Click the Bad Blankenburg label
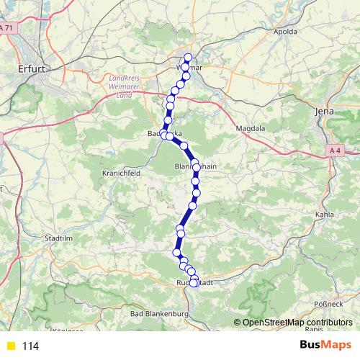158,315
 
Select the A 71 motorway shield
6,27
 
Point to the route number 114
30,346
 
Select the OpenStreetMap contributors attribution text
297,323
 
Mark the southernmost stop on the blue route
194,283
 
